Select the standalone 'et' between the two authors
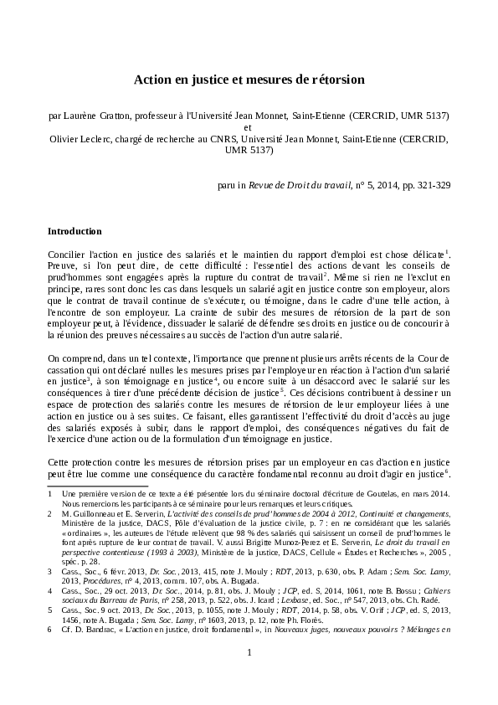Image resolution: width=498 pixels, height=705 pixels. tap(249, 127)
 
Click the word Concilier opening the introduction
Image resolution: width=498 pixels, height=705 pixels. tap(68, 253)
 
